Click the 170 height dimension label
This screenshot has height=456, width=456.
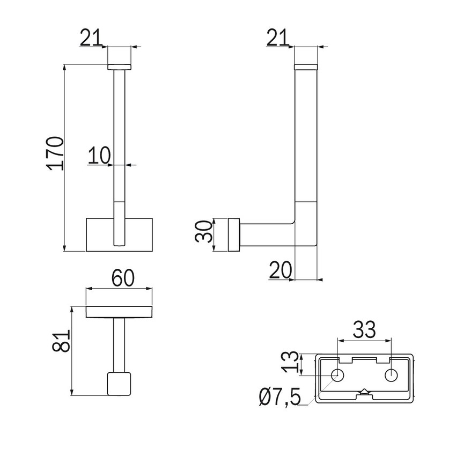pyautogui.click(x=55, y=153)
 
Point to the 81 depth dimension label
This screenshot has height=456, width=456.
pyautogui.click(x=61, y=341)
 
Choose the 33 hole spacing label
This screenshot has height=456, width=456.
pyautogui.click(x=364, y=329)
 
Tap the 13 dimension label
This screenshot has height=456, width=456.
pyautogui.click(x=290, y=362)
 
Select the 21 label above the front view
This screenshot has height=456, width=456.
pyautogui.click(x=91, y=38)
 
